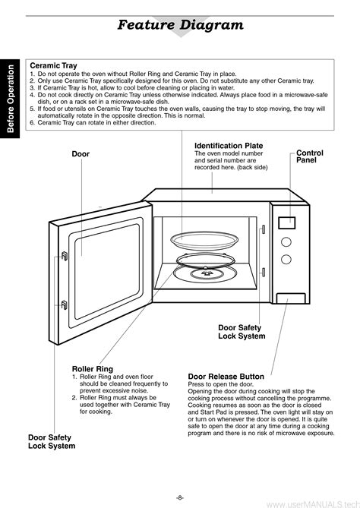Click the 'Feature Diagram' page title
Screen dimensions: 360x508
[180, 25]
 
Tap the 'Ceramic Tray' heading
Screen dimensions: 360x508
[53, 66]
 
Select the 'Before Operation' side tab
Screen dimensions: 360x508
[11, 99]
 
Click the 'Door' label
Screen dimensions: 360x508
[81, 154]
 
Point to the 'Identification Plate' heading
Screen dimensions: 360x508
[229, 146]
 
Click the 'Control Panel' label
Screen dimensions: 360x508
[309, 156]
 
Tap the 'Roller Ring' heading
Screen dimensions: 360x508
[93, 369]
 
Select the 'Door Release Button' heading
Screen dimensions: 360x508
[226, 377]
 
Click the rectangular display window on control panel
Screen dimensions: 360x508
[287, 223]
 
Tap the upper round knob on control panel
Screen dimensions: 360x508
[286, 242]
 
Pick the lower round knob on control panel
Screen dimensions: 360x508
[286, 259]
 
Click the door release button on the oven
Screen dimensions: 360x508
[291, 298]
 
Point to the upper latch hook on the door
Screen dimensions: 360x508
[65, 256]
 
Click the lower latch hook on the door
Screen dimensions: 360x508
[64, 304]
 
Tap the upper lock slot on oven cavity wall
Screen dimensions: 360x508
[264, 229]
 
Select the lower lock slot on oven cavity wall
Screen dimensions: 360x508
[264, 272]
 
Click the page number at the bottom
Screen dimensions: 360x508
[180, 497]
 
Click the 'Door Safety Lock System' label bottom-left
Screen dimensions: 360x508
[52, 442]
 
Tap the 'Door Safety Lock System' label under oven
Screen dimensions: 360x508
[242, 332]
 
